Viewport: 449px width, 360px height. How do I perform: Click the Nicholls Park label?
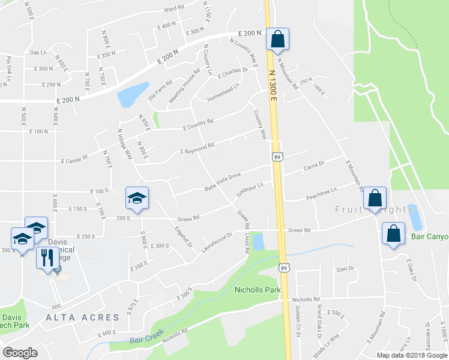[257, 290]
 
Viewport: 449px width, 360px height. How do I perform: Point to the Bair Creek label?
[145, 340]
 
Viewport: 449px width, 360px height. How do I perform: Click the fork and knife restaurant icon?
[47, 257]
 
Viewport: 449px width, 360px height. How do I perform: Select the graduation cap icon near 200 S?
[137, 198]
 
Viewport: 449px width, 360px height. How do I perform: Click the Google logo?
[20, 352]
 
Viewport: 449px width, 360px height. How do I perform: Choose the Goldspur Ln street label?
[250, 191]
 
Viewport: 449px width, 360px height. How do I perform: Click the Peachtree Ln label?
[321, 190]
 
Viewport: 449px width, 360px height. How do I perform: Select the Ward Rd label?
[173, 9]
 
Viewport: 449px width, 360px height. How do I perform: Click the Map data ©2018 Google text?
[412, 355]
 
